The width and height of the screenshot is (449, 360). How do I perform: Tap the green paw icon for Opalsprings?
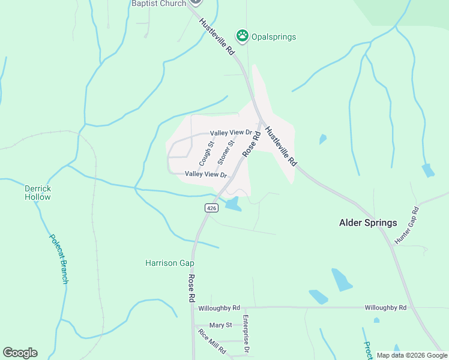pyautogui.click(x=242, y=35)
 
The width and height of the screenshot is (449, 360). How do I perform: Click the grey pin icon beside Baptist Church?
pyautogui.click(x=195, y=2)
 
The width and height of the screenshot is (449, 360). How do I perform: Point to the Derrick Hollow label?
pyautogui.click(x=38, y=193)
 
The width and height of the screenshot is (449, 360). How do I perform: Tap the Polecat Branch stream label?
pyautogui.click(x=59, y=257)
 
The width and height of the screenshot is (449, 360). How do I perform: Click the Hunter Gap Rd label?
pyautogui.click(x=406, y=226)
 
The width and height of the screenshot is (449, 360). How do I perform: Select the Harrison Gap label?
pyautogui.click(x=170, y=263)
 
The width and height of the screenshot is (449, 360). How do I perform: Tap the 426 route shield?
pyautogui.click(x=211, y=208)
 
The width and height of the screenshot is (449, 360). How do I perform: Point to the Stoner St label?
pyautogui.click(x=225, y=152)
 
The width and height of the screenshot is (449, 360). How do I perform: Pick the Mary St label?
pyautogui.click(x=220, y=325)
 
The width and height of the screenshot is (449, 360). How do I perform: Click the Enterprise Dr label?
pyautogui.click(x=246, y=334)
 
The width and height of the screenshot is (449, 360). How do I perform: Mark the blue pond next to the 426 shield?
pyautogui.click(x=232, y=205)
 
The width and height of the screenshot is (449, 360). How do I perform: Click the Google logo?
pyautogui.click(x=20, y=353)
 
